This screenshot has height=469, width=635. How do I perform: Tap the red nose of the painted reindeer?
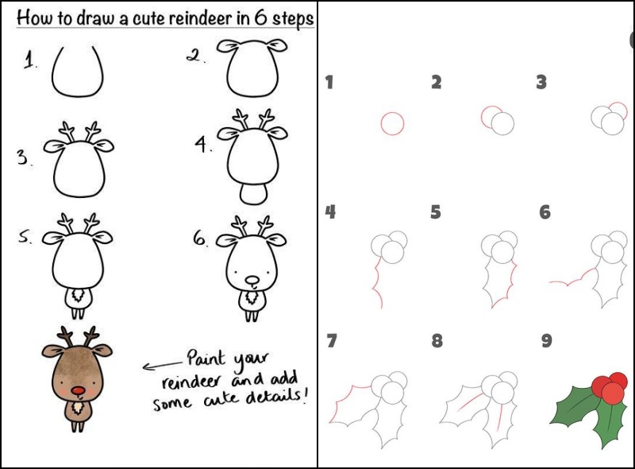(x=77, y=390)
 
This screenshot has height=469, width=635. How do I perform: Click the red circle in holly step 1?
(x=392, y=123)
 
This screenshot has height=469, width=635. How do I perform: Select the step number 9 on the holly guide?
(x=546, y=341)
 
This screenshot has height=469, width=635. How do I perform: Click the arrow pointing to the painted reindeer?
(x=163, y=365)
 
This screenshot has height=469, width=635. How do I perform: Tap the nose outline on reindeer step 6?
(x=252, y=281)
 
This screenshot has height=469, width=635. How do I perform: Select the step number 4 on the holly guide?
(x=330, y=211)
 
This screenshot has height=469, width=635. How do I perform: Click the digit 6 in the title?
(x=261, y=17)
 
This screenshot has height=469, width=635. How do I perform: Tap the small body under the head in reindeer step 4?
(x=253, y=194)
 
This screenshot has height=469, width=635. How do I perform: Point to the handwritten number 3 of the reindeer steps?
(x=22, y=157)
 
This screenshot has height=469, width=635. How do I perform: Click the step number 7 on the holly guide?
(x=331, y=341)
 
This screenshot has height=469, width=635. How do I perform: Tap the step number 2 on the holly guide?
(x=436, y=82)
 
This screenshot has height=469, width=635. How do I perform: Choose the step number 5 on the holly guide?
(x=436, y=212)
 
